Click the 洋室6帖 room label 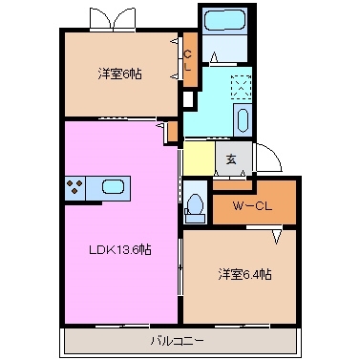tap(118, 73)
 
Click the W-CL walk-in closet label tap(253, 204)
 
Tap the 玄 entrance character tap(232, 159)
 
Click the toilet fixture tap(195, 204)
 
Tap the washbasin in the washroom tap(241, 120)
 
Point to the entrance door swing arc tap(271, 160)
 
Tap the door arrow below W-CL tap(278, 233)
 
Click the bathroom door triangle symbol tap(216, 57)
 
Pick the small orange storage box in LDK tap(172, 131)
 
